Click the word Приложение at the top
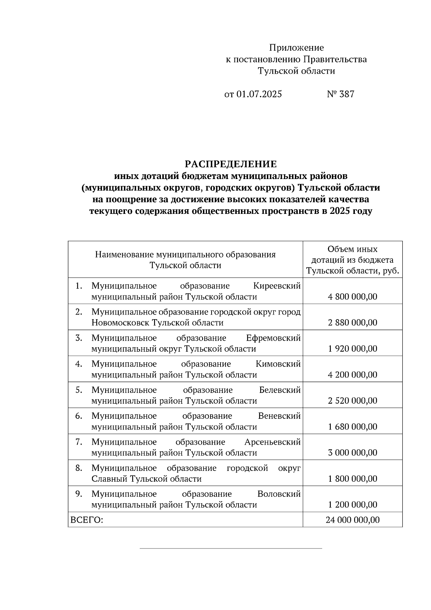click(296, 48)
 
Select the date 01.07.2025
click(259, 95)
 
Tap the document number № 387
click(340, 95)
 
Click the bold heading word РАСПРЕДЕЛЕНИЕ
click(231, 164)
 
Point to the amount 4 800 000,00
click(352, 297)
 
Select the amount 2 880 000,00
click(352, 323)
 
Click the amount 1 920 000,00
click(352, 349)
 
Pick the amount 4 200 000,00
click(352, 375)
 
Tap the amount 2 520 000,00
click(352, 401)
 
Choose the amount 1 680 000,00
click(352, 427)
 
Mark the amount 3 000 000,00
click(352, 453)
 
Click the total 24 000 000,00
click(352, 520)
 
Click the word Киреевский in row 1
click(277, 286)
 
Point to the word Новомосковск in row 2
click(120, 323)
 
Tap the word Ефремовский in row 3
click(273, 338)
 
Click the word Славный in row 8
click(110, 479)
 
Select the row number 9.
click(79, 494)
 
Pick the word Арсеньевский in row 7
click(272, 442)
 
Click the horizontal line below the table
click(231, 549)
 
